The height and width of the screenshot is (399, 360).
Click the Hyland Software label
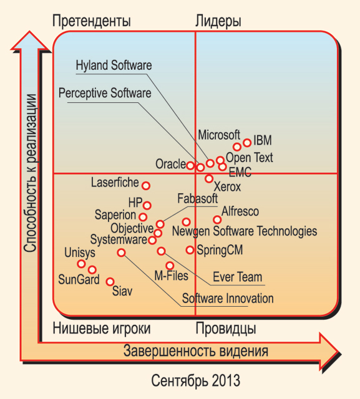pos(114,65)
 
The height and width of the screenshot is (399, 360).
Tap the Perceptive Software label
pos(105,93)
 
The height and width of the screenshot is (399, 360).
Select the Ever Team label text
pos(237,277)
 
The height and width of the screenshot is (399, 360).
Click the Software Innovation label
pos(228,298)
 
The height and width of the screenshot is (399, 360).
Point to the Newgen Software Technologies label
pos(245,231)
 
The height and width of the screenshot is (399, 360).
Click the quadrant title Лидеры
pos(218,21)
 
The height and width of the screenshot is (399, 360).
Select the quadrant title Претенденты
pos(92,21)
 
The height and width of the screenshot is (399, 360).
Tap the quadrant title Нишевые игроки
pos(102,329)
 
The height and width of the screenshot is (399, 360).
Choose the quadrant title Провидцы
pos(226,329)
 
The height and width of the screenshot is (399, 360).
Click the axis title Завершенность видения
pos(196,351)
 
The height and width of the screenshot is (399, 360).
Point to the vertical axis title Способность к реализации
pos(31,173)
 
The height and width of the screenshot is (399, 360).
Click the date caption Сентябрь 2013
pos(195,381)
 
